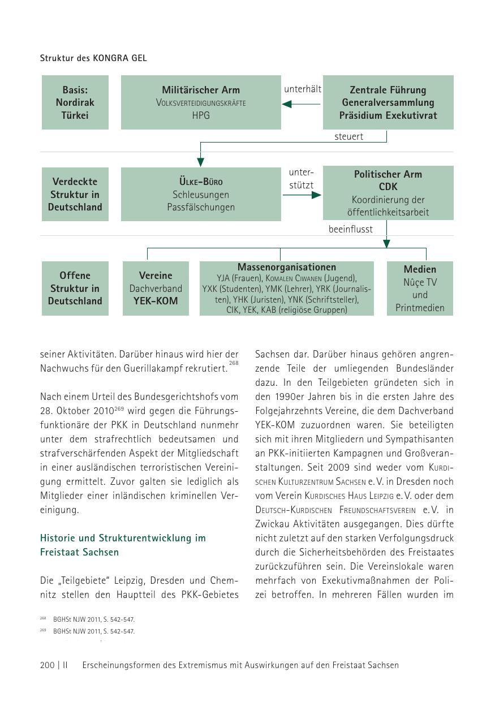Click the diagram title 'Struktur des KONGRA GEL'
coord(93,58)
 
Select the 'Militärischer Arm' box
coord(201,102)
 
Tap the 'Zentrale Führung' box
coord(388,102)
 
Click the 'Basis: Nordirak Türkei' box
coord(75,102)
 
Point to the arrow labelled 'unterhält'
coord(302,104)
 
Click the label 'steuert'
coord(348,137)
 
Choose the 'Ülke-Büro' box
coord(201,193)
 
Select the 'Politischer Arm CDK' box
coord(388,193)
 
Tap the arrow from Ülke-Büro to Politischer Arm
coord(302,195)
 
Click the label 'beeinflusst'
coord(351,229)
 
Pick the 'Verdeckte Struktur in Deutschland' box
coord(75,194)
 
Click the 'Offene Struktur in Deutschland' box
coord(75,288)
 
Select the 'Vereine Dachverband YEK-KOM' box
coord(156,288)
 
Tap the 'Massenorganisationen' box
coord(287,288)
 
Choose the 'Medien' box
coord(420,288)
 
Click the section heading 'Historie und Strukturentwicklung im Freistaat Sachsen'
coord(123,545)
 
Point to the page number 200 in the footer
coord(48,665)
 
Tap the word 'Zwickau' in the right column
coord(273,524)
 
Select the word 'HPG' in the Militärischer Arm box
coord(201,115)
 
